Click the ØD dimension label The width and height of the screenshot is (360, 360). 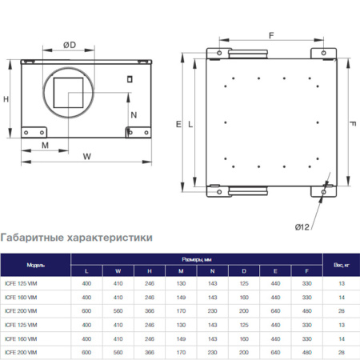[70, 45]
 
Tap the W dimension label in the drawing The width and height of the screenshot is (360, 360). [86, 157]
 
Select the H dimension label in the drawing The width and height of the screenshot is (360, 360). [6, 99]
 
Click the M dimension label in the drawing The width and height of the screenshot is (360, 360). [45, 146]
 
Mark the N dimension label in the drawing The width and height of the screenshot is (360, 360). [134, 114]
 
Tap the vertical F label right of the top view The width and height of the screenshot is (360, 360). [352, 125]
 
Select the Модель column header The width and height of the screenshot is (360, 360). [35, 263]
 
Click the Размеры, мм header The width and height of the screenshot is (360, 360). [196, 258]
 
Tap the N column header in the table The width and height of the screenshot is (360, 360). [212, 270]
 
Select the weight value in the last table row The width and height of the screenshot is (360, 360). [342, 352]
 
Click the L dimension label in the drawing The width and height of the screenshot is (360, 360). [190, 125]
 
